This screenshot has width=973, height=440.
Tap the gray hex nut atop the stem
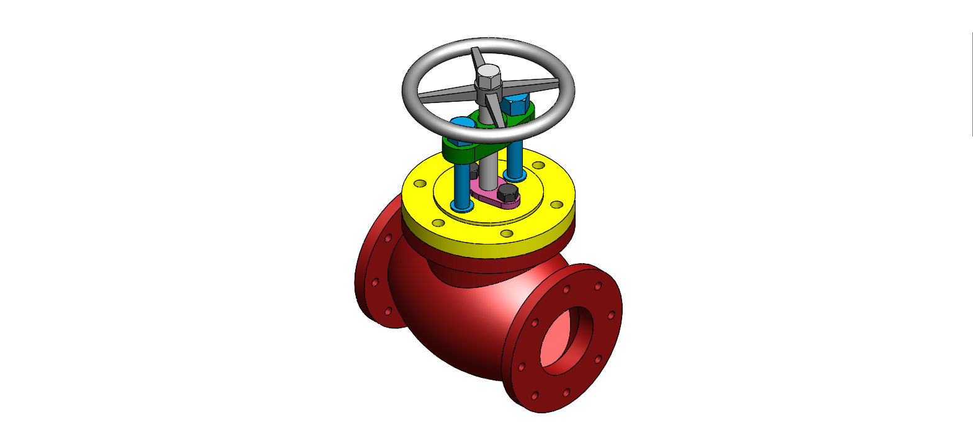487,76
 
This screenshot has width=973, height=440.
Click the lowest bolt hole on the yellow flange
506,234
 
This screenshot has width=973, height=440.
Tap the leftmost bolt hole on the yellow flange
420,184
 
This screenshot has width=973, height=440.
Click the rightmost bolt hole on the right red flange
611,315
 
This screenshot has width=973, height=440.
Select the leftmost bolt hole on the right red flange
521,367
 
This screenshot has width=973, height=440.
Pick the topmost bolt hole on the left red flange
388,238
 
